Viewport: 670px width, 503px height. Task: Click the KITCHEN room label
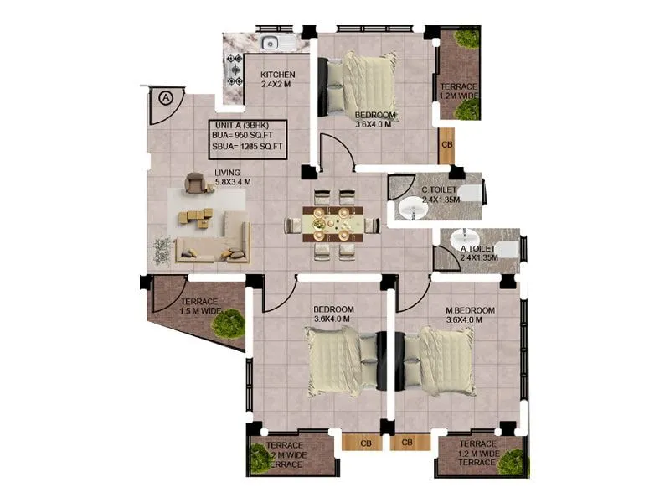(277, 75)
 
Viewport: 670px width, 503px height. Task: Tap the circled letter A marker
(166, 97)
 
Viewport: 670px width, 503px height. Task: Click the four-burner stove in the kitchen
(234, 70)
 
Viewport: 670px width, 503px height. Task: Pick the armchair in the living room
(194, 182)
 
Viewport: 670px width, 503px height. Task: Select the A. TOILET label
(477, 249)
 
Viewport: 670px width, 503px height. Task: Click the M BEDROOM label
(470, 310)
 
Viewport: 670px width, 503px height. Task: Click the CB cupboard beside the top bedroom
(446, 144)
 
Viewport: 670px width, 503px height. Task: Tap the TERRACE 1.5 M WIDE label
(198, 306)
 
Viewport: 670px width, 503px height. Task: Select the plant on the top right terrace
(466, 40)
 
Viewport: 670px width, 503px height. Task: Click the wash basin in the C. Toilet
(411, 209)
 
